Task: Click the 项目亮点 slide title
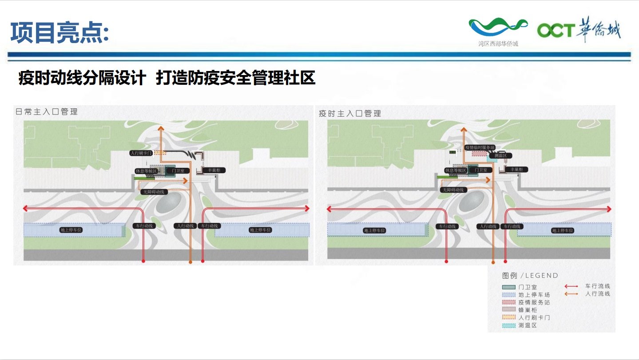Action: (60, 33)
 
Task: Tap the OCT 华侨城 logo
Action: (579, 30)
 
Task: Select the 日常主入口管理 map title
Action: (47, 112)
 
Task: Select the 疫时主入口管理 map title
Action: (350, 114)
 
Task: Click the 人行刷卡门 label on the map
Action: (141, 153)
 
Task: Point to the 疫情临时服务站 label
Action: (480, 147)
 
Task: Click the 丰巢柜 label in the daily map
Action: (214, 170)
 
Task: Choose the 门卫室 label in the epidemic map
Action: (481, 170)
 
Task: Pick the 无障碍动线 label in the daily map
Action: (153, 192)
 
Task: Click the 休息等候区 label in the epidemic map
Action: (456, 170)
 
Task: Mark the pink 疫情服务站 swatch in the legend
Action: (508, 302)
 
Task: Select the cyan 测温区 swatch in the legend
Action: (508, 325)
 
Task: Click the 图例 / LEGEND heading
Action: (530, 275)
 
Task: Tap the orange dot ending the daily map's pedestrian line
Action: (191, 262)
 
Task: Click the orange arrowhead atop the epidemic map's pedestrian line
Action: (464, 129)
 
